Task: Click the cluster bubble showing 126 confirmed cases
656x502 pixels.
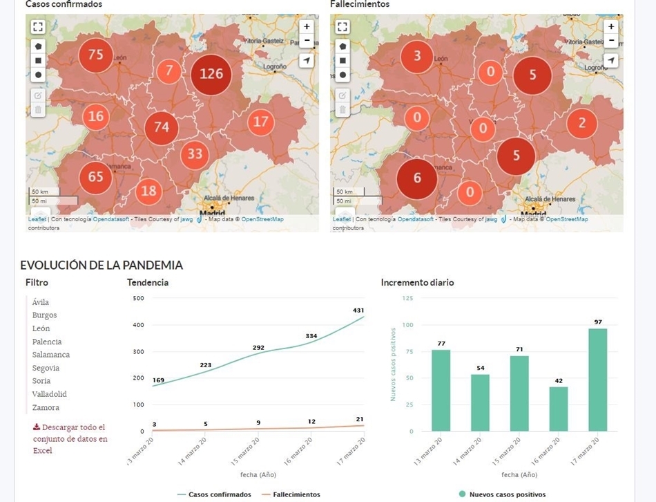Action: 211,73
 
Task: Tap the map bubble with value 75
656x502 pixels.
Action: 95,55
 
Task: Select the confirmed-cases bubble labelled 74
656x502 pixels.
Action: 162,127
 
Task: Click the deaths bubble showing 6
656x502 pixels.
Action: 416,178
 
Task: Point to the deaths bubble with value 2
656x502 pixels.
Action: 581,123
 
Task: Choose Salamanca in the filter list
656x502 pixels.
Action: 51,355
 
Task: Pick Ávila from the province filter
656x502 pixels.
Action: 41,302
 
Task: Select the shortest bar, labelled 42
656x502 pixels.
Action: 558,408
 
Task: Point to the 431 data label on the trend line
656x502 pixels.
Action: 358,310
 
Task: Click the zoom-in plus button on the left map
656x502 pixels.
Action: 307,26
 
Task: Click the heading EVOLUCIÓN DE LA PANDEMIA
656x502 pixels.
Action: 102,265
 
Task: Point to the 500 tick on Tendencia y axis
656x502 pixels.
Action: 138,298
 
